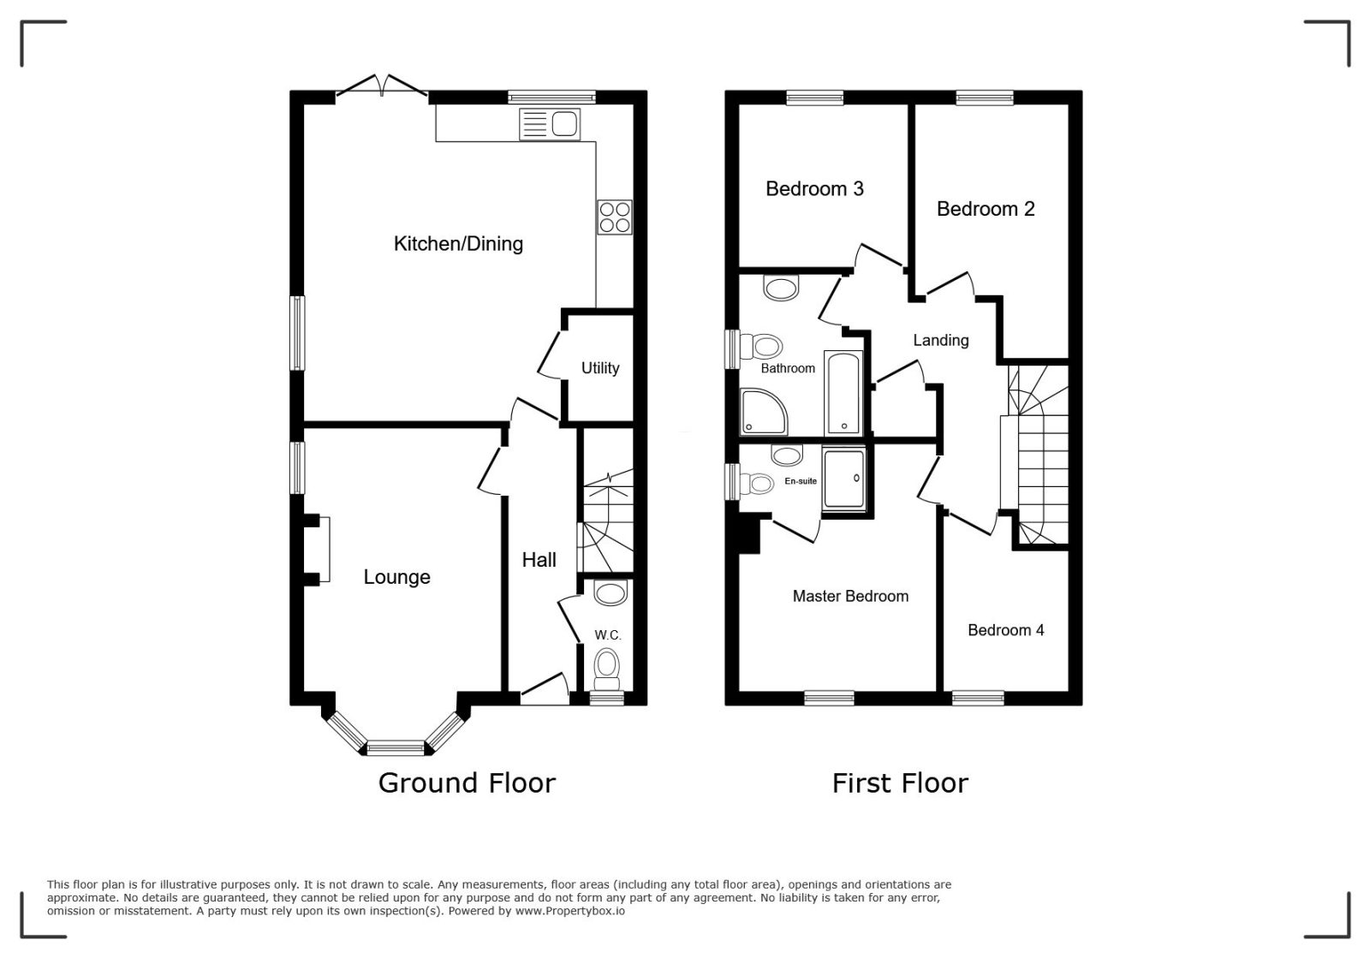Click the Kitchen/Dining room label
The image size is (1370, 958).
click(x=458, y=244)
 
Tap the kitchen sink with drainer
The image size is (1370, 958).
click(x=549, y=124)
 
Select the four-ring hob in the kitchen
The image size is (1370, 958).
click(x=615, y=217)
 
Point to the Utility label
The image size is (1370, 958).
click(x=600, y=368)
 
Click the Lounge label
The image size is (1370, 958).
click(x=397, y=577)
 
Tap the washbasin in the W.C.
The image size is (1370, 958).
click(x=611, y=593)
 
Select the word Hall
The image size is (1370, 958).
click(x=539, y=560)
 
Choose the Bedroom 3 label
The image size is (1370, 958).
click(x=814, y=189)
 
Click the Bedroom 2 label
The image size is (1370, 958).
click(x=986, y=209)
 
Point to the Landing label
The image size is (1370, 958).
click(x=941, y=341)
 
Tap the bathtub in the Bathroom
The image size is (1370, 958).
click(x=843, y=393)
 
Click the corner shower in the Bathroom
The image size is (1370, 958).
click(x=763, y=412)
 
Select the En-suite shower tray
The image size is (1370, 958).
click(x=844, y=478)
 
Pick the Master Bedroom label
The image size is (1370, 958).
click(x=850, y=596)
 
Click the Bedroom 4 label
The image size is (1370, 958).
click(x=1005, y=630)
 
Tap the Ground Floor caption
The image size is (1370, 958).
click(x=467, y=783)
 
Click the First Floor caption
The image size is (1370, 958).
click(x=900, y=783)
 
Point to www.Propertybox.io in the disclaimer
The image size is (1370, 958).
click(x=570, y=912)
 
